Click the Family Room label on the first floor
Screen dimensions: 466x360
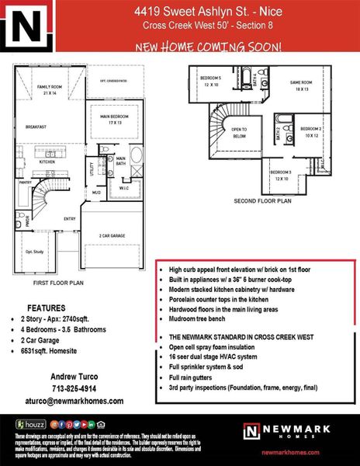(51, 89)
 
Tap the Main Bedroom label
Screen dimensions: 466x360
(116, 119)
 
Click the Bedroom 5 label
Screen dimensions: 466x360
(211, 81)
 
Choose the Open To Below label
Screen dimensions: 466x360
(239, 132)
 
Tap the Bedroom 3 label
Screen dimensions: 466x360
(281, 175)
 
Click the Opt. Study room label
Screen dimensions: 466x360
(34, 252)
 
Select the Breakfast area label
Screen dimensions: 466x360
(36, 127)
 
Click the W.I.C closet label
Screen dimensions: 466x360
(124, 188)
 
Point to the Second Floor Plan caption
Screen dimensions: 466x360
(262, 200)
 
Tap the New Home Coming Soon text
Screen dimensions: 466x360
(209, 46)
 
